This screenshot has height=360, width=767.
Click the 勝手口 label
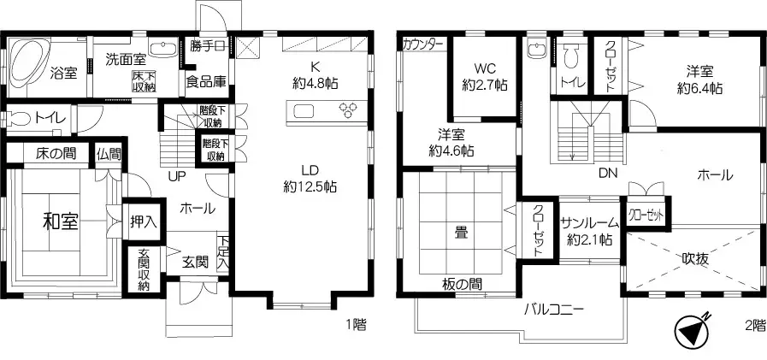pos(207,46)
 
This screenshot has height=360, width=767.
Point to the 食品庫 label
pos(205,82)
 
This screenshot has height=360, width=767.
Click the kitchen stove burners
pos(349,109)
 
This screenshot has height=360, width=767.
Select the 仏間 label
pos(109,154)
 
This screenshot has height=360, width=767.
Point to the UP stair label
pos(178,175)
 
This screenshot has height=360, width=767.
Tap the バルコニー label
pos(553,310)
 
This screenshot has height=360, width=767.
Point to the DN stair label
pos(608,174)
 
